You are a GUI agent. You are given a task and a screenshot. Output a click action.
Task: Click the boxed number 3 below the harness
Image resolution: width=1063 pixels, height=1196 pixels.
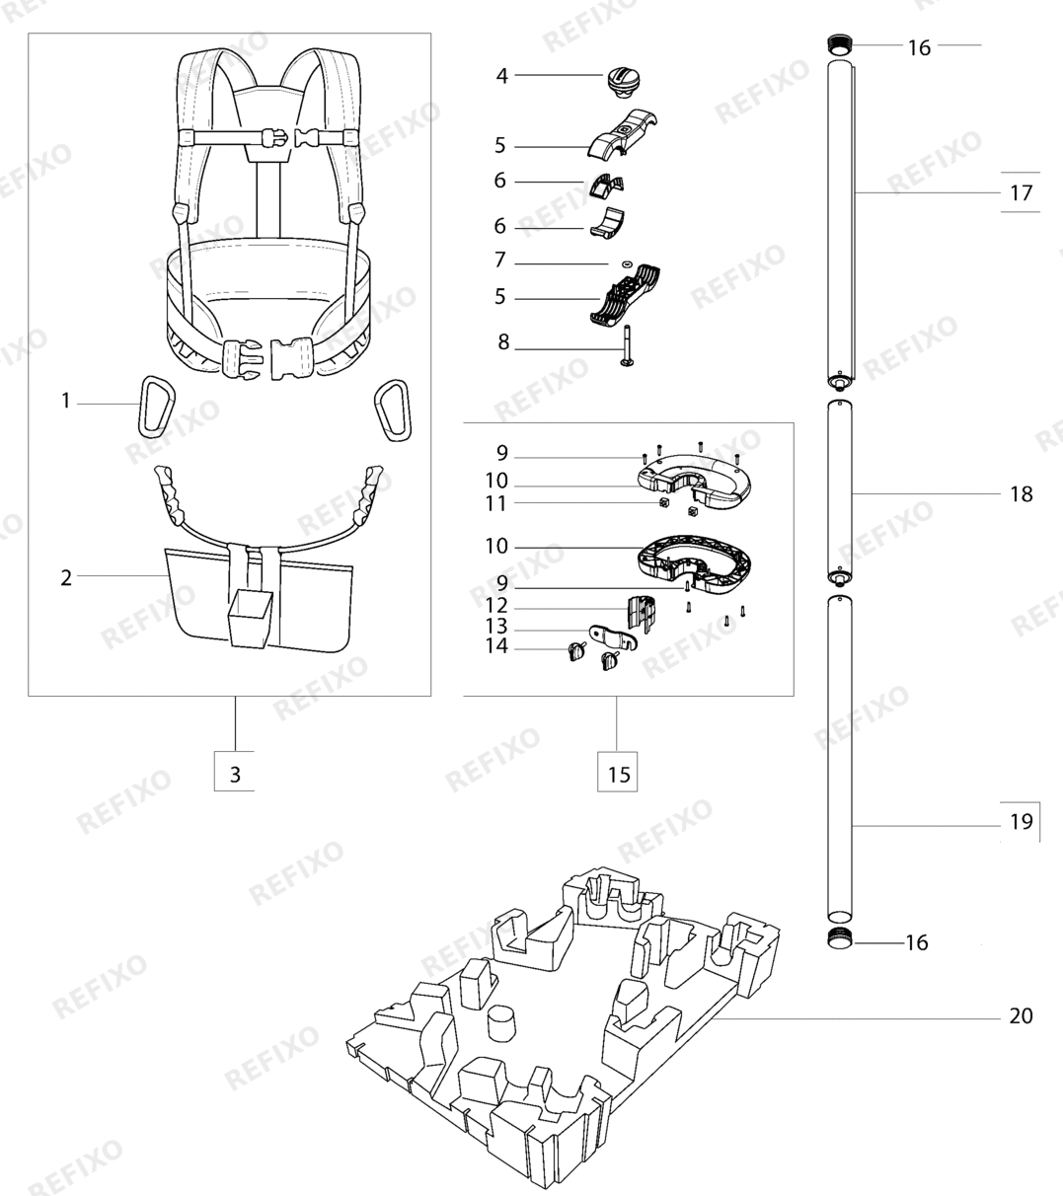(x=235, y=774)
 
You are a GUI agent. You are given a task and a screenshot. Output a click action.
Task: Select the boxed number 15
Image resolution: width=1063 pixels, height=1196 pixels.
(x=619, y=774)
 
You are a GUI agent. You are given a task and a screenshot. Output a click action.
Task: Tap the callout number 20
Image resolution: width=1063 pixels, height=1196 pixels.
(x=1022, y=1015)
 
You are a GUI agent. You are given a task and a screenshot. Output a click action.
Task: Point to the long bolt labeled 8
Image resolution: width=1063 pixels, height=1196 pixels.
(x=626, y=346)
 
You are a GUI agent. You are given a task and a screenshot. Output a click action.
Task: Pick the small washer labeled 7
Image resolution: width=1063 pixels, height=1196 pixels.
(x=627, y=263)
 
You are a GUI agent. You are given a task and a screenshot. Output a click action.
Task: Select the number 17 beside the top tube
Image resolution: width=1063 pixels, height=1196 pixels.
(x=1022, y=193)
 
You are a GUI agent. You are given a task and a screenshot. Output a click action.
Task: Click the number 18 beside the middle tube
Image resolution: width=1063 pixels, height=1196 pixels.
(x=1022, y=493)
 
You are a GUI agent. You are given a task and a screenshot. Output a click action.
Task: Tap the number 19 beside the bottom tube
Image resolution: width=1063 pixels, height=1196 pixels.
(x=1022, y=821)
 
